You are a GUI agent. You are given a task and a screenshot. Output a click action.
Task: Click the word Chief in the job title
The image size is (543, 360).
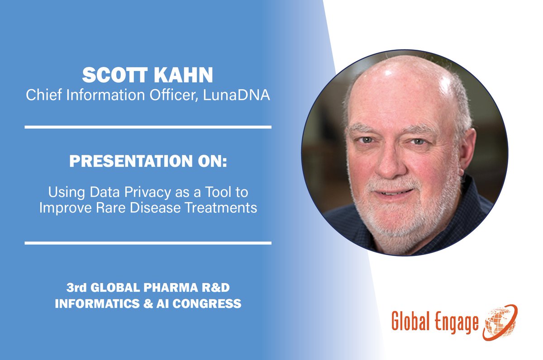(x=40, y=96)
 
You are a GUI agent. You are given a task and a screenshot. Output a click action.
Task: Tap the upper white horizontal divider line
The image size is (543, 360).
(x=148, y=127)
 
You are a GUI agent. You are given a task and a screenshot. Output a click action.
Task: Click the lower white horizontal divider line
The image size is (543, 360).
(x=148, y=243)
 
